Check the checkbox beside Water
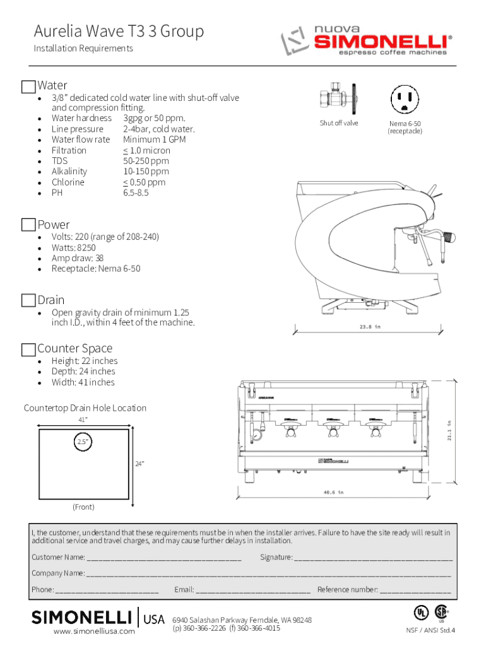28,86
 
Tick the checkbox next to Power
28,225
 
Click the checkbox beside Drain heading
28,300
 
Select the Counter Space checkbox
28,349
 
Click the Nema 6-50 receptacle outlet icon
405,99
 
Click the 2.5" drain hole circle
83,442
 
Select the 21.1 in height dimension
449,431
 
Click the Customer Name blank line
163,558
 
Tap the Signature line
373,558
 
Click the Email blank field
252,591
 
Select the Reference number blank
415,591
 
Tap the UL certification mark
420,612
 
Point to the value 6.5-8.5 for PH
136,193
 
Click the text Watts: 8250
74,247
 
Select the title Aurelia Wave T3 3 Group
119,31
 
